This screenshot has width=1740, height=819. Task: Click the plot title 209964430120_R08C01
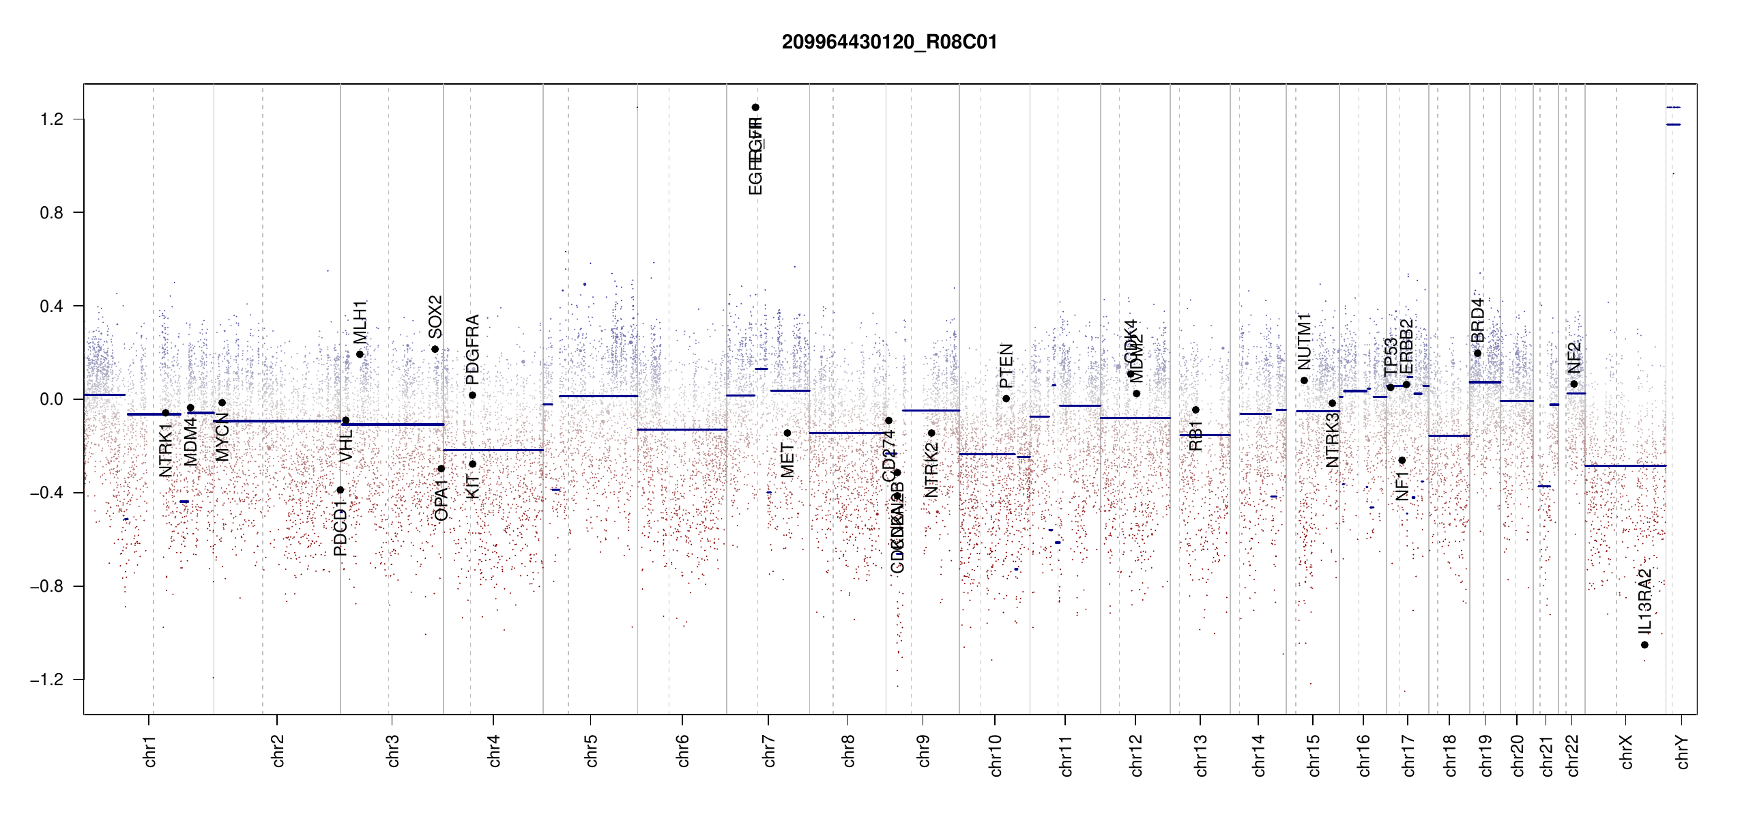pyautogui.click(x=889, y=42)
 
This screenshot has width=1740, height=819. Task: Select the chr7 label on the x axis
pyautogui.click(x=769, y=751)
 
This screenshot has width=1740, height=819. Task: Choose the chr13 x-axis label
pyautogui.click(x=1200, y=755)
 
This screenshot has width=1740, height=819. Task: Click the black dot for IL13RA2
pyautogui.click(x=1644, y=645)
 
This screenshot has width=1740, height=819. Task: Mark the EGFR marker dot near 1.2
pyautogui.click(x=755, y=107)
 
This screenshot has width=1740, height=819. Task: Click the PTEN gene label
pyautogui.click(x=1006, y=365)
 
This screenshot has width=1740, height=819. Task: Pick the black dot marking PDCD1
pyautogui.click(x=340, y=490)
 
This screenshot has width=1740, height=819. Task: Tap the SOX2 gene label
pyautogui.click(x=435, y=317)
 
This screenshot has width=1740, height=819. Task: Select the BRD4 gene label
pyautogui.click(x=1477, y=320)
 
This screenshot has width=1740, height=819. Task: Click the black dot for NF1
pyautogui.click(x=1402, y=460)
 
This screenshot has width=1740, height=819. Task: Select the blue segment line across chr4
pyautogui.click(x=493, y=450)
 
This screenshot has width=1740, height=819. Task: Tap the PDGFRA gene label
pyautogui.click(x=472, y=349)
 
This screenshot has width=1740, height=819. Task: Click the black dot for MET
pyautogui.click(x=787, y=433)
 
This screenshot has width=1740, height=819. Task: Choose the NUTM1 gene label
pyautogui.click(x=1304, y=341)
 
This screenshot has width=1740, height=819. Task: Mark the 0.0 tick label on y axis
pyautogui.click(x=52, y=399)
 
